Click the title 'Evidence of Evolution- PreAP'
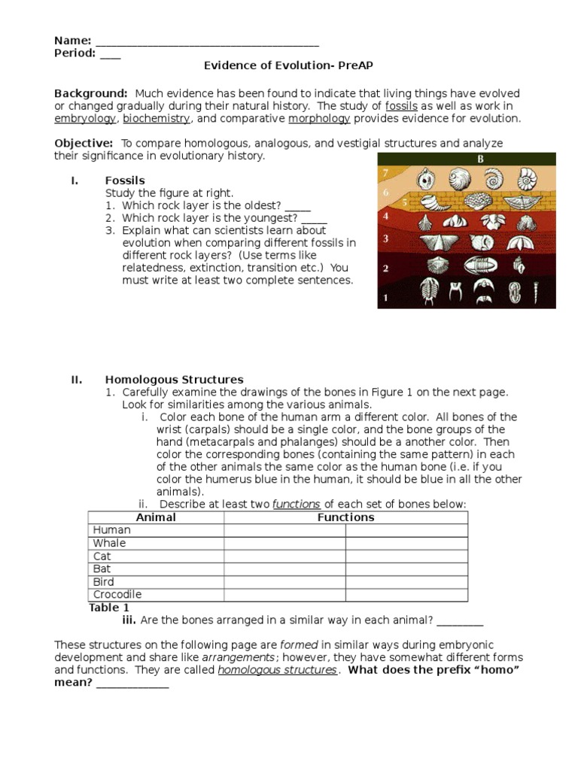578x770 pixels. coord(289,66)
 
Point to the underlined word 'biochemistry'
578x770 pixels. coord(157,119)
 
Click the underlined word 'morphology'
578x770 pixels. coord(319,119)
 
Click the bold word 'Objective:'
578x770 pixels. coord(84,144)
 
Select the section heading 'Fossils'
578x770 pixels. coord(125,180)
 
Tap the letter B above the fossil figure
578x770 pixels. coord(480,159)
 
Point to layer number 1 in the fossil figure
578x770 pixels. coord(386,297)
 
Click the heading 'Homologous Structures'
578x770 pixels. coord(174,380)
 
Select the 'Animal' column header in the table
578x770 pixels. coord(156,517)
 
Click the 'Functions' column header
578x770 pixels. coord(345,517)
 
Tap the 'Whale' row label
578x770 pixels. coord(110,543)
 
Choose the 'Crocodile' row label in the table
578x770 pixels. coord(117,595)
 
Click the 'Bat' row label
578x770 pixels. coord(102,569)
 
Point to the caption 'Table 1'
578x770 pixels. coord(109,608)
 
